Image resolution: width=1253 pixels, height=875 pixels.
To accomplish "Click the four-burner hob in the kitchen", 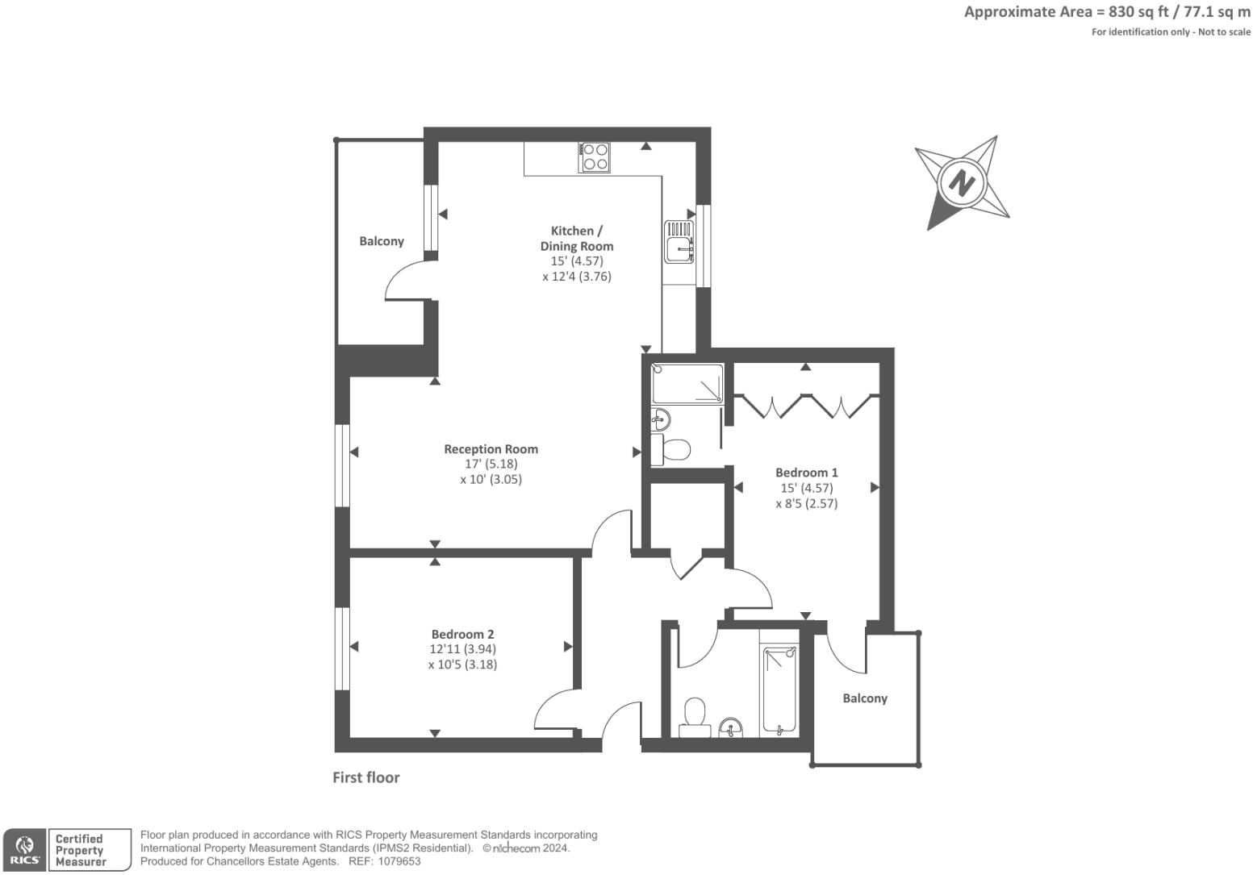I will point(595,156).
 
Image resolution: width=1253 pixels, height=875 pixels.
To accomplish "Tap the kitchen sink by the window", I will point(679,242).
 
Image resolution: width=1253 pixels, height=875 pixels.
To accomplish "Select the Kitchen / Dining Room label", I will point(576,239).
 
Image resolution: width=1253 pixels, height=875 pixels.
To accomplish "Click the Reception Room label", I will point(491,449).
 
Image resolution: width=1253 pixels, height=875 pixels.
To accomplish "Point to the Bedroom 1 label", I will point(806,473).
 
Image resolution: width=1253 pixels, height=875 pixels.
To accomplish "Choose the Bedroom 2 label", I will point(462,635).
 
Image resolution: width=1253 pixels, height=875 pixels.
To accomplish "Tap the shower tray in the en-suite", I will point(687,384).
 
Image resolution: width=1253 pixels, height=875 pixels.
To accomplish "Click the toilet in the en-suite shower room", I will point(672,449).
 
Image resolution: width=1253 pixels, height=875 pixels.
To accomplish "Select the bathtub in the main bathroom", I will point(779,690).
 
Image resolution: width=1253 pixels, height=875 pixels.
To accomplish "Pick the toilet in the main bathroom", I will point(694,717).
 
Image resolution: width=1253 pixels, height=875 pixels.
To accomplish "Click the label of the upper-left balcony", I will point(382,241).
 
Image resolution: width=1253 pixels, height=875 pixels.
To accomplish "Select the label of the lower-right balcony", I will point(865,698).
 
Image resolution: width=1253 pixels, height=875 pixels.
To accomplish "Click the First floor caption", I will point(366,777).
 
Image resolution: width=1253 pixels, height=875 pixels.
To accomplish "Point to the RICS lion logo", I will point(25,849).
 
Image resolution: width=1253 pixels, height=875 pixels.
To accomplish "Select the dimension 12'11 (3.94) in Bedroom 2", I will point(462,649).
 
